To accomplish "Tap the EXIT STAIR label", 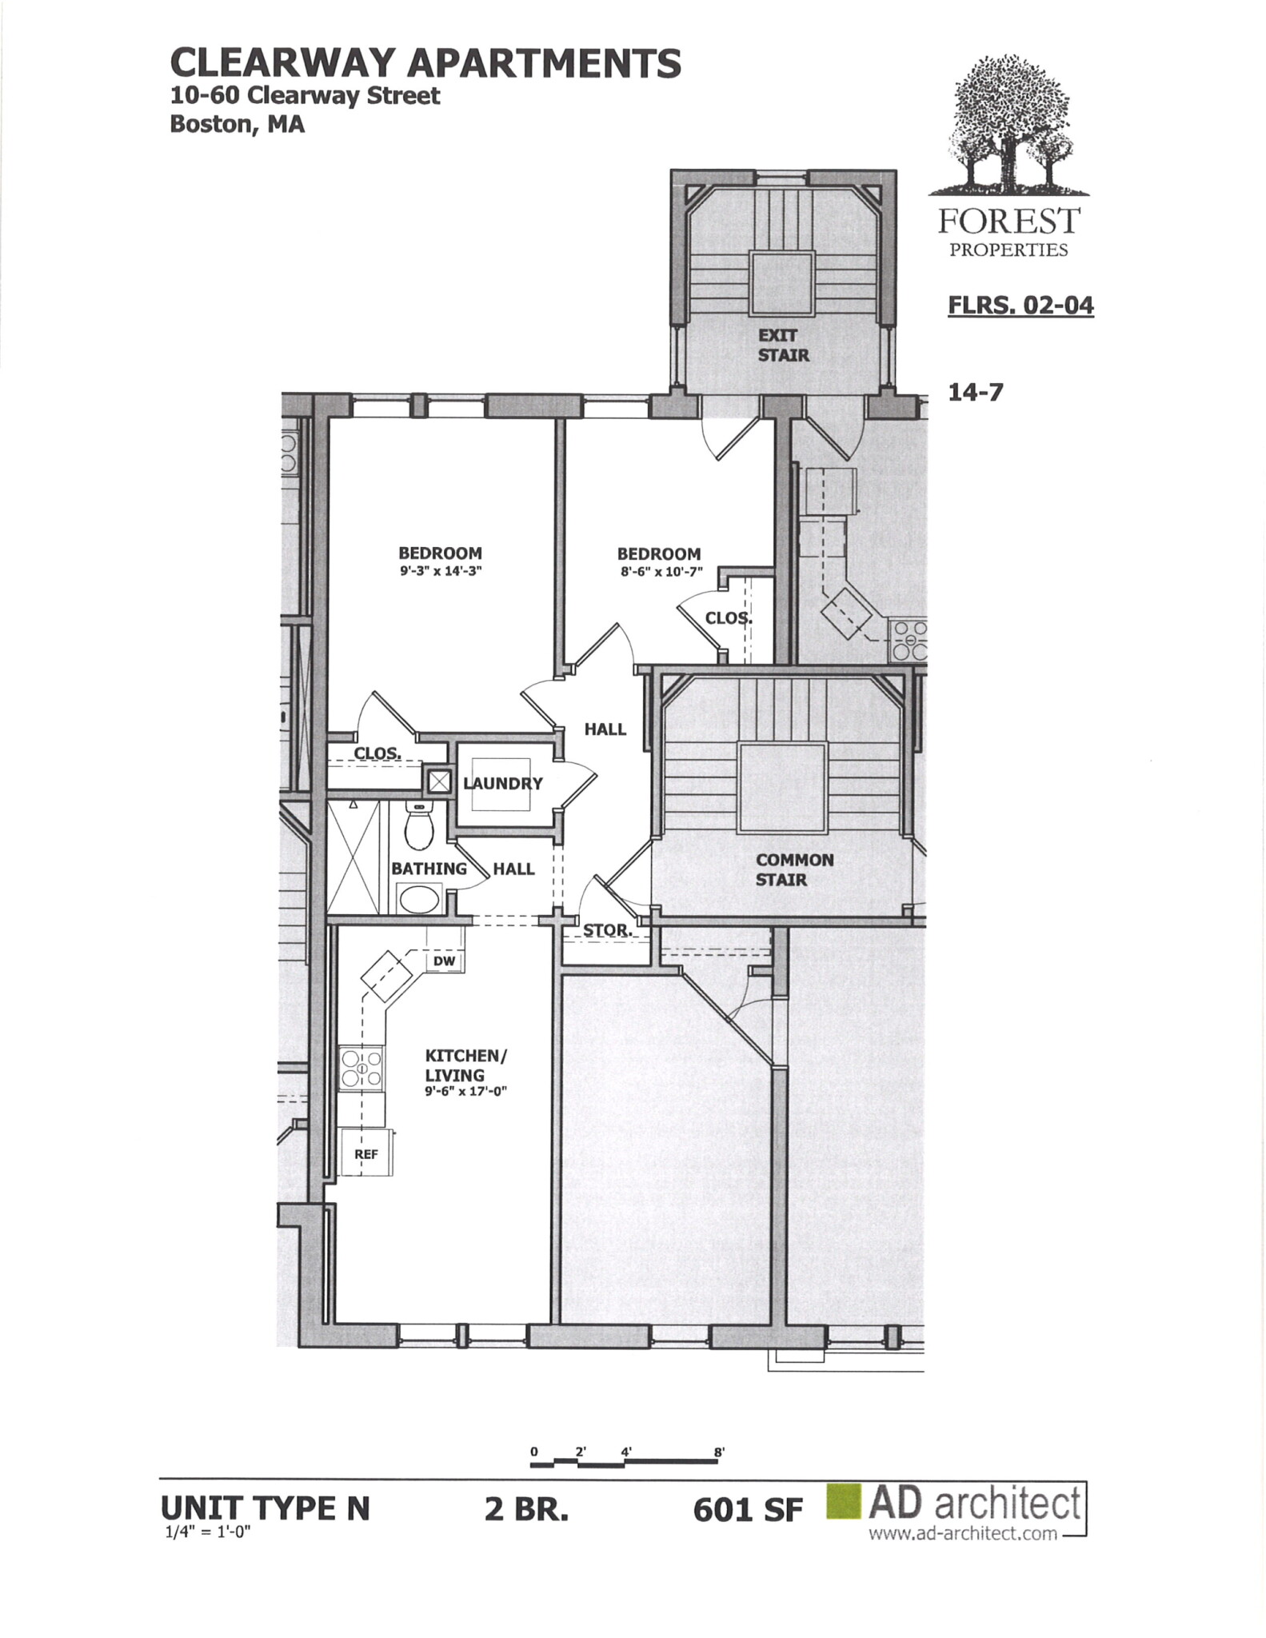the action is pos(783,346).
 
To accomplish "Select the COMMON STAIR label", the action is pos(794,869).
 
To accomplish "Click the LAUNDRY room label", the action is pos(503,783).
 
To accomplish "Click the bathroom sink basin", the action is pos(420,899).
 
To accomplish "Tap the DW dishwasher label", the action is pos(445,961).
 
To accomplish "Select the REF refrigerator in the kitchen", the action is pos(366,1153).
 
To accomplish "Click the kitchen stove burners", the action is pos(361,1068).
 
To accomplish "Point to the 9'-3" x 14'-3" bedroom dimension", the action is pos(441,572).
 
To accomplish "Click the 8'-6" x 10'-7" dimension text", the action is pos(659,572).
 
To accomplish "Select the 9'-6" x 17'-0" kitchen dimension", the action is pos(466,1091).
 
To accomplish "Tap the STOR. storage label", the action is pos(607,930).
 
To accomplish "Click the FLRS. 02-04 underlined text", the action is pos(1020,306).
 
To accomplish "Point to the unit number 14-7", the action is pos(975,393).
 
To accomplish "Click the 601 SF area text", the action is pos(748,1510).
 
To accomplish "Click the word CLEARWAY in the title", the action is pos(283,63).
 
